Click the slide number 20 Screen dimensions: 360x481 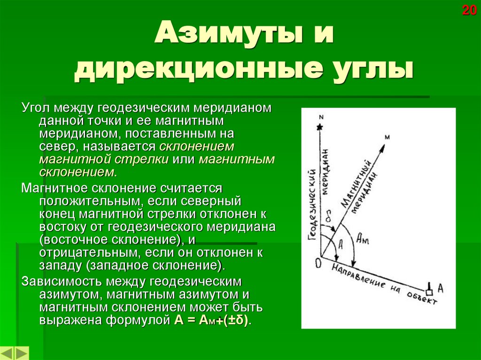pos(469,10)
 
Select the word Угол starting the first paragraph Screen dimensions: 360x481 pos(34,107)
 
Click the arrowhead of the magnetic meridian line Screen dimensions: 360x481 pos(382,146)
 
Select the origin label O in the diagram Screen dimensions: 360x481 pos(318,263)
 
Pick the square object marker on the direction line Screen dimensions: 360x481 pos(429,287)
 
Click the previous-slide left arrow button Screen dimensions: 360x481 pos(8,353)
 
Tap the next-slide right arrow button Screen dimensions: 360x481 pos(22,353)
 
